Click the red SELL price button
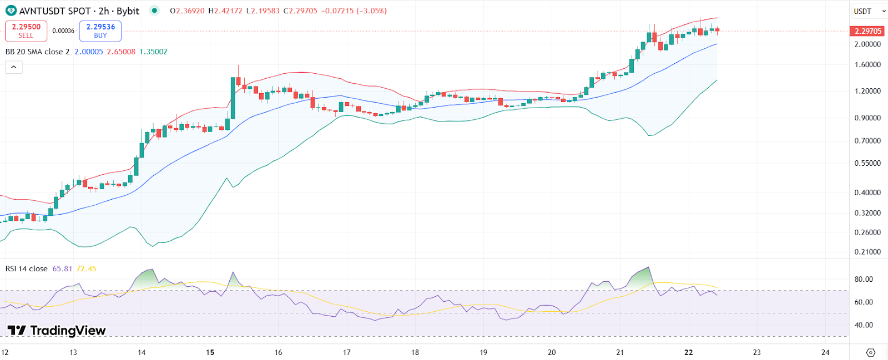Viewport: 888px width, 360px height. click(26, 31)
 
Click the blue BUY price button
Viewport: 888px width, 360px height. click(100, 31)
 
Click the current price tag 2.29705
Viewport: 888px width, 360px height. click(868, 31)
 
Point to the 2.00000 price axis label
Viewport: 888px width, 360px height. click(867, 44)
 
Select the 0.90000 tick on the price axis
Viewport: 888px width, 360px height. click(867, 118)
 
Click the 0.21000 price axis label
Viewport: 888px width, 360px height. click(867, 252)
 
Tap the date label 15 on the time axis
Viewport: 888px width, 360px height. click(210, 352)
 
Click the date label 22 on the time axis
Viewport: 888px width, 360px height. click(689, 352)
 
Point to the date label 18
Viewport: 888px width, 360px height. click(415, 352)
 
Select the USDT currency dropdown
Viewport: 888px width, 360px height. click(869, 11)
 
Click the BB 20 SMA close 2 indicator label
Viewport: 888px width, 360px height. click(38, 52)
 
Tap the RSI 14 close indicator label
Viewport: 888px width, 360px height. click(27, 268)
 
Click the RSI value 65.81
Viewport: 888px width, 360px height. click(62, 268)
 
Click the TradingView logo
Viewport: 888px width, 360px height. click(57, 331)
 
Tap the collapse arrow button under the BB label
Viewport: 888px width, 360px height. click(14, 67)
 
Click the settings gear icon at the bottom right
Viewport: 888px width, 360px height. click(870, 352)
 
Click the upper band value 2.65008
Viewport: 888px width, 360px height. click(121, 52)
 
